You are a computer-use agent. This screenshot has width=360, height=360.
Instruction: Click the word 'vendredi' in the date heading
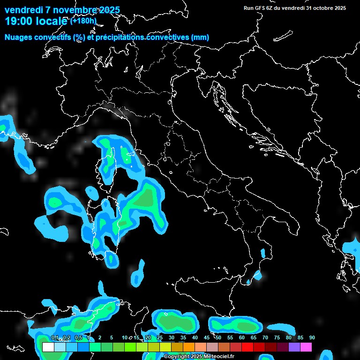pos(23,10)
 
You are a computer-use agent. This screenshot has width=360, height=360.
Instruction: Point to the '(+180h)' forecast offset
pos(83,21)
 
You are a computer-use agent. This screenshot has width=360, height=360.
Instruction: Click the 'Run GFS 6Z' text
pos(261,8)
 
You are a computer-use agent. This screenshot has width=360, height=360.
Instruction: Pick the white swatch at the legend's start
pos(48,347)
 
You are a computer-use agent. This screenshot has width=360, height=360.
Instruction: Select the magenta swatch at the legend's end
pos(306,347)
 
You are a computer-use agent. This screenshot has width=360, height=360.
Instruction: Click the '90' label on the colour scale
pos(312,338)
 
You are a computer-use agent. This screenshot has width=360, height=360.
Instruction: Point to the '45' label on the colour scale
pos(207,338)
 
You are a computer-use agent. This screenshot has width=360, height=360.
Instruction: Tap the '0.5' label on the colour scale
pos(78,338)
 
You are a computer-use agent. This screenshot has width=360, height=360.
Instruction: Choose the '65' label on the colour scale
pos(254,338)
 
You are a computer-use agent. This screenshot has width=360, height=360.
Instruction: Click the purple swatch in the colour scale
pos(294,347)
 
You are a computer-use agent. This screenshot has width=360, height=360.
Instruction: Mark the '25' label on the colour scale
pos(160,338)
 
